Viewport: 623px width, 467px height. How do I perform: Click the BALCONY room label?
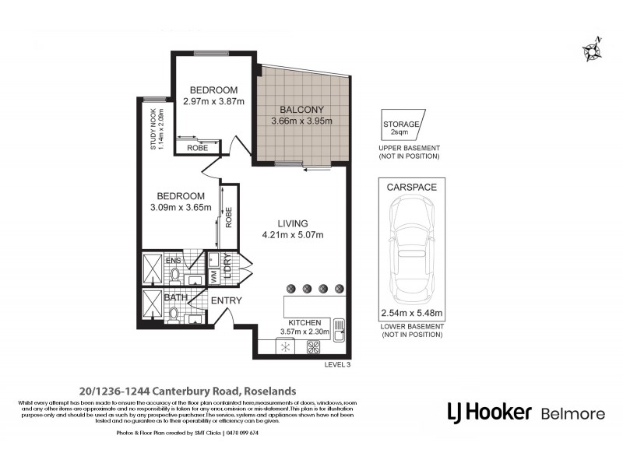pyautogui.click(x=302, y=109)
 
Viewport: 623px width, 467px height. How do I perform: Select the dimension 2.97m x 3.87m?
pyautogui.click(x=214, y=101)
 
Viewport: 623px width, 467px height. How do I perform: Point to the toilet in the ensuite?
pyautogui.click(x=176, y=273)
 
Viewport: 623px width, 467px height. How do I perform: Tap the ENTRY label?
pyautogui.click(x=227, y=300)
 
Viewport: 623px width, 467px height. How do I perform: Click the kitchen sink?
pyautogui.click(x=339, y=328)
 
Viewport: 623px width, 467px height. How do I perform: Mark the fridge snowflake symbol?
pyautogui.click(x=286, y=347)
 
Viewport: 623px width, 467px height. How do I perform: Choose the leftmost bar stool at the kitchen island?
pyautogui.click(x=290, y=286)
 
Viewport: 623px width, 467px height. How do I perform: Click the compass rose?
pyautogui.click(x=592, y=50)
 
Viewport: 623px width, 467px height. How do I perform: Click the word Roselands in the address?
pyautogui.click(x=269, y=391)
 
